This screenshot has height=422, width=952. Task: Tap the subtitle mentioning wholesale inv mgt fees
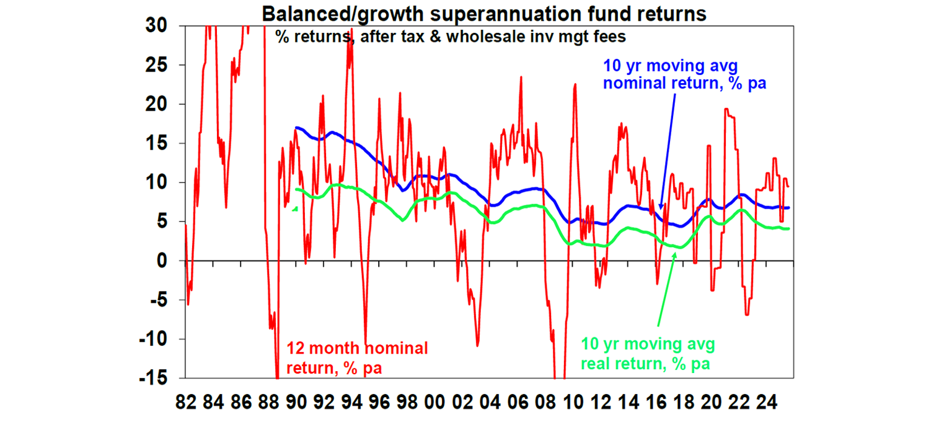click(x=451, y=37)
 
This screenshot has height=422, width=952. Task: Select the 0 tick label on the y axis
click(x=169, y=261)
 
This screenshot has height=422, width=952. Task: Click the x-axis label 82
click(x=185, y=401)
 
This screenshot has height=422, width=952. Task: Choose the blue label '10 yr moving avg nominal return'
click(x=684, y=74)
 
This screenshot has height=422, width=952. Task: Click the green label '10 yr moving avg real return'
click(x=648, y=354)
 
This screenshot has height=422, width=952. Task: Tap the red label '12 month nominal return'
click(x=356, y=357)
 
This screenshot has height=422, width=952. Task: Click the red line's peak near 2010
click(x=575, y=84)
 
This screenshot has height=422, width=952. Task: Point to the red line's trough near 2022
click(x=747, y=315)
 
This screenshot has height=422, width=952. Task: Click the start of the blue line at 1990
click(x=297, y=128)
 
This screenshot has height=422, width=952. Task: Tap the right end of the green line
click(x=788, y=229)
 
